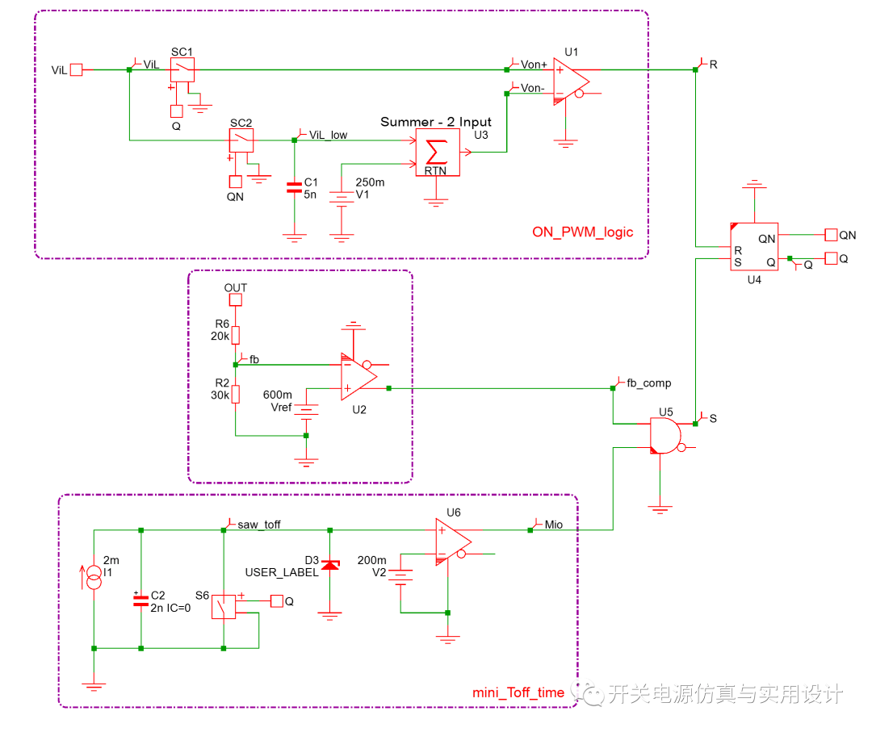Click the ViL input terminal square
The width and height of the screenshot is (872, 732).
click(77, 70)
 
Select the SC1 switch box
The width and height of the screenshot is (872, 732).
click(182, 70)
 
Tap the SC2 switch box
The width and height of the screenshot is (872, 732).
click(241, 140)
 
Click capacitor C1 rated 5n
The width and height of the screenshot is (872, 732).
click(294, 187)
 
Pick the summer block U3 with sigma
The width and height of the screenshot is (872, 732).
click(437, 153)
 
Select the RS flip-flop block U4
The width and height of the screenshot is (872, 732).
click(753, 247)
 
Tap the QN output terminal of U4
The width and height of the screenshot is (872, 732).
click(831, 235)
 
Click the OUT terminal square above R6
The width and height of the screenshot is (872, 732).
click(236, 300)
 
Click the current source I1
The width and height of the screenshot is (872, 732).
click(94, 576)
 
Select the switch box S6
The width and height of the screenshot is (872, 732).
click(224, 607)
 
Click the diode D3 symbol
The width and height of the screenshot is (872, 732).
click(329, 565)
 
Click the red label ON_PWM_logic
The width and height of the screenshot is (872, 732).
click(582, 232)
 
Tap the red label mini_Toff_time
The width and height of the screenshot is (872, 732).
click(518, 692)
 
